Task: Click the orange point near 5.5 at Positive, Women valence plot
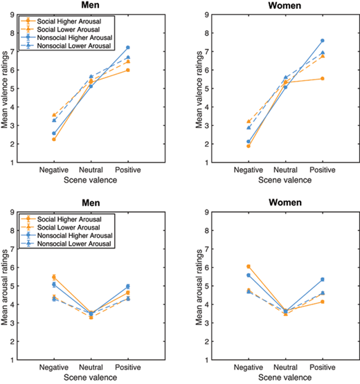(322, 78)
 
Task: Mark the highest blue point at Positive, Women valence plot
(322, 41)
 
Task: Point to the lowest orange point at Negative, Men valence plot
(54, 139)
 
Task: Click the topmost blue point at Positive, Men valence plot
(128, 48)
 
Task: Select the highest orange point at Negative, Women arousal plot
(249, 266)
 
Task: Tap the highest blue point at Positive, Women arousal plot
(322, 280)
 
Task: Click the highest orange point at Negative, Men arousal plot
(54, 277)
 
